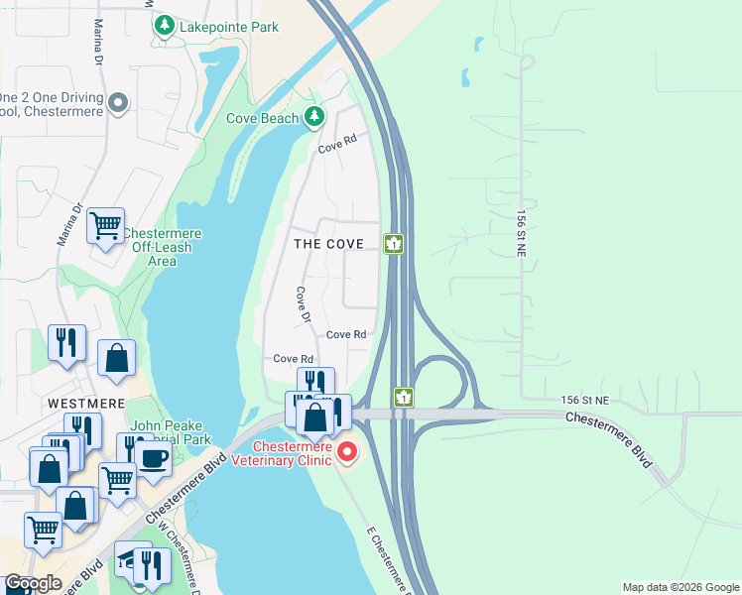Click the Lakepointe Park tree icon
click(x=165, y=28)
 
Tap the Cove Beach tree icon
click(x=314, y=118)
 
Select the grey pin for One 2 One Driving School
click(x=118, y=103)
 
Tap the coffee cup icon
click(x=154, y=457)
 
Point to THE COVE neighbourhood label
click(x=328, y=243)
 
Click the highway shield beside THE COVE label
click(x=394, y=244)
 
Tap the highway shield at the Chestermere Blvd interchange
click(x=404, y=397)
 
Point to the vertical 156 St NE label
click(x=521, y=233)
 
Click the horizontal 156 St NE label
click(x=582, y=399)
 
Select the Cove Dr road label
click(x=303, y=305)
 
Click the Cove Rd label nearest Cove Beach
click(x=336, y=145)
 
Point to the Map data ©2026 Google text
click(x=680, y=587)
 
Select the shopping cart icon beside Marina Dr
click(x=105, y=224)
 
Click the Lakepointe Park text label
click(x=229, y=28)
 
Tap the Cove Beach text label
click(x=262, y=118)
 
